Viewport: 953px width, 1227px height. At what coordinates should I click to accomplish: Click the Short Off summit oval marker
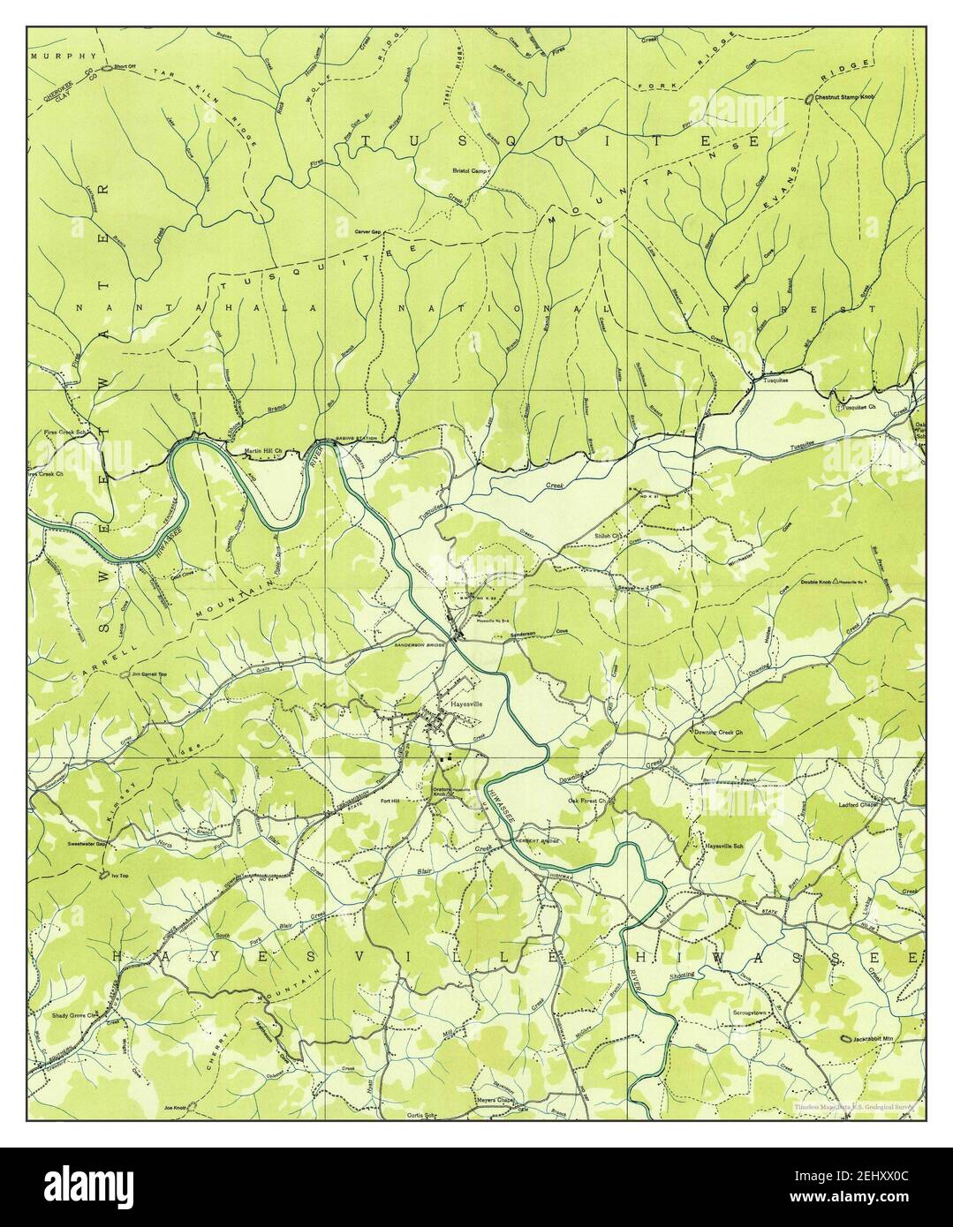[105, 68]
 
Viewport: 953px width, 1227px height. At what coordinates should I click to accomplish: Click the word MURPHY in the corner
[51, 54]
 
